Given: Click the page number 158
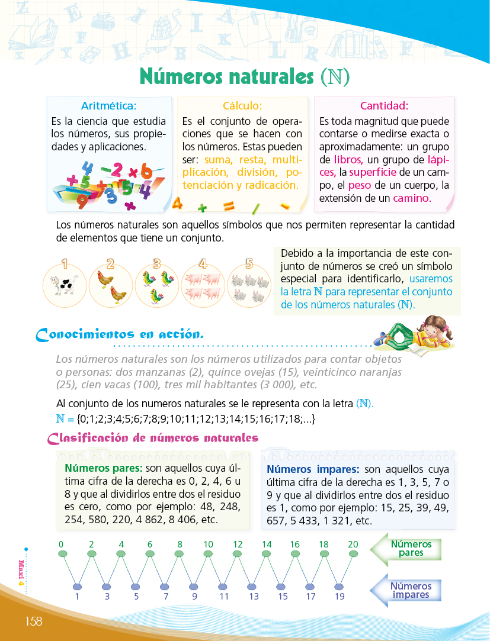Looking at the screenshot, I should coord(33,621).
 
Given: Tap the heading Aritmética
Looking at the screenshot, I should coord(108,106).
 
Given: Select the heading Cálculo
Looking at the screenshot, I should coord(242,106).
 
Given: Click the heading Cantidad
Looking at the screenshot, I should coord(384,106).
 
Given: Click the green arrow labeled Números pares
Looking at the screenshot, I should coord(406,548).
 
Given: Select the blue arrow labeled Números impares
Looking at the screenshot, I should coord(406,590).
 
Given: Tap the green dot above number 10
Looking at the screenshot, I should coord(208,554).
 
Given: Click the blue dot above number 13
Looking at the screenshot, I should coord(252,587).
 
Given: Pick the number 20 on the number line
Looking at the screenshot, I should coord(353,544).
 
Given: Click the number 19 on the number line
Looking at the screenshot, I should coord(340,597).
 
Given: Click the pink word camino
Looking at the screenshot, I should coord(411,198).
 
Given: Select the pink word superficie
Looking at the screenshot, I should coord(373,172).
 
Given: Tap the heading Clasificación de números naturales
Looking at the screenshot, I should coord(153,439).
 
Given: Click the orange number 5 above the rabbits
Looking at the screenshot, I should coord(249,264).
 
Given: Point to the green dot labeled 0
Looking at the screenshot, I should coord(62,554).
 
